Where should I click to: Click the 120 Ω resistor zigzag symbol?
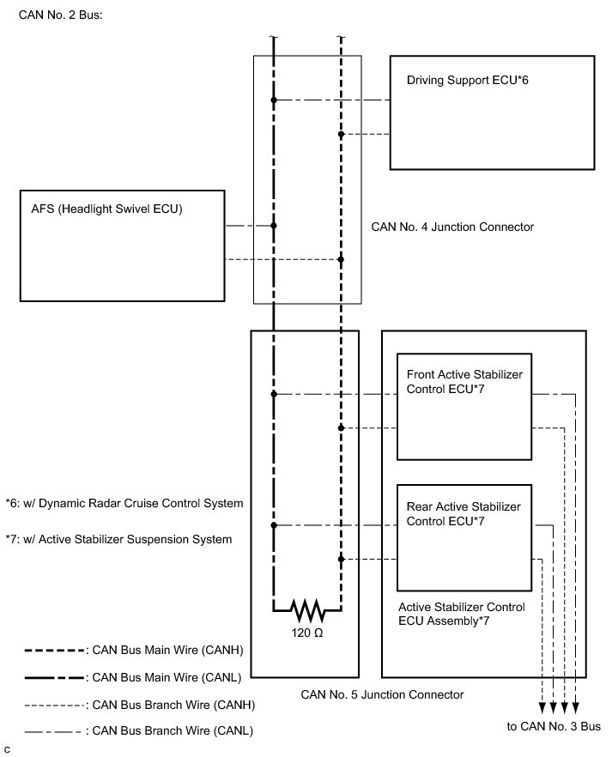(x=307, y=610)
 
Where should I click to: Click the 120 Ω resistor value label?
(x=307, y=633)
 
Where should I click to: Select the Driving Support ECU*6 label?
(x=467, y=80)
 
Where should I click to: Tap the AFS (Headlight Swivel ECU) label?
(x=106, y=209)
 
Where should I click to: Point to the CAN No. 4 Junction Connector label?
(x=452, y=227)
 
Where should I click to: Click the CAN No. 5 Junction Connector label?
(x=382, y=694)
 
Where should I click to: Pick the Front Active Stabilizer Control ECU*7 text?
(x=464, y=381)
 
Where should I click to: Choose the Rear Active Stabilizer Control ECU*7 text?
(x=464, y=513)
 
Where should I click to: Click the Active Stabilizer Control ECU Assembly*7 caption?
(x=462, y=614)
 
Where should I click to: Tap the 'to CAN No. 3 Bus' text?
(x=554, y=727)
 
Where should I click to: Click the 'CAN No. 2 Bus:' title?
(x=60, y=15)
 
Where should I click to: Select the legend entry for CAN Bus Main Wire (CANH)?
(x=134, y=651)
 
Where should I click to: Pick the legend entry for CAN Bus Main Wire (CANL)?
(x=133, y=678)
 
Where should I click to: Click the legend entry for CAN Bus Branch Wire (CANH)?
(x=140, y=706)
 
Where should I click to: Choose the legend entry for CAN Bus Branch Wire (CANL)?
(x=138, y=731)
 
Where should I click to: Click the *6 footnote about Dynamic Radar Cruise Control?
(x=124, y=504)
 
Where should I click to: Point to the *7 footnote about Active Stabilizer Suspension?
(x=118, y=539)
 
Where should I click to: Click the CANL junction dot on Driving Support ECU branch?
(x=274, y=100)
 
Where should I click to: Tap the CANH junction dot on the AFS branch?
(x=341, y=259)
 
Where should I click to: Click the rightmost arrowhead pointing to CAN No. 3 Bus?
(x=575, y=708)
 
